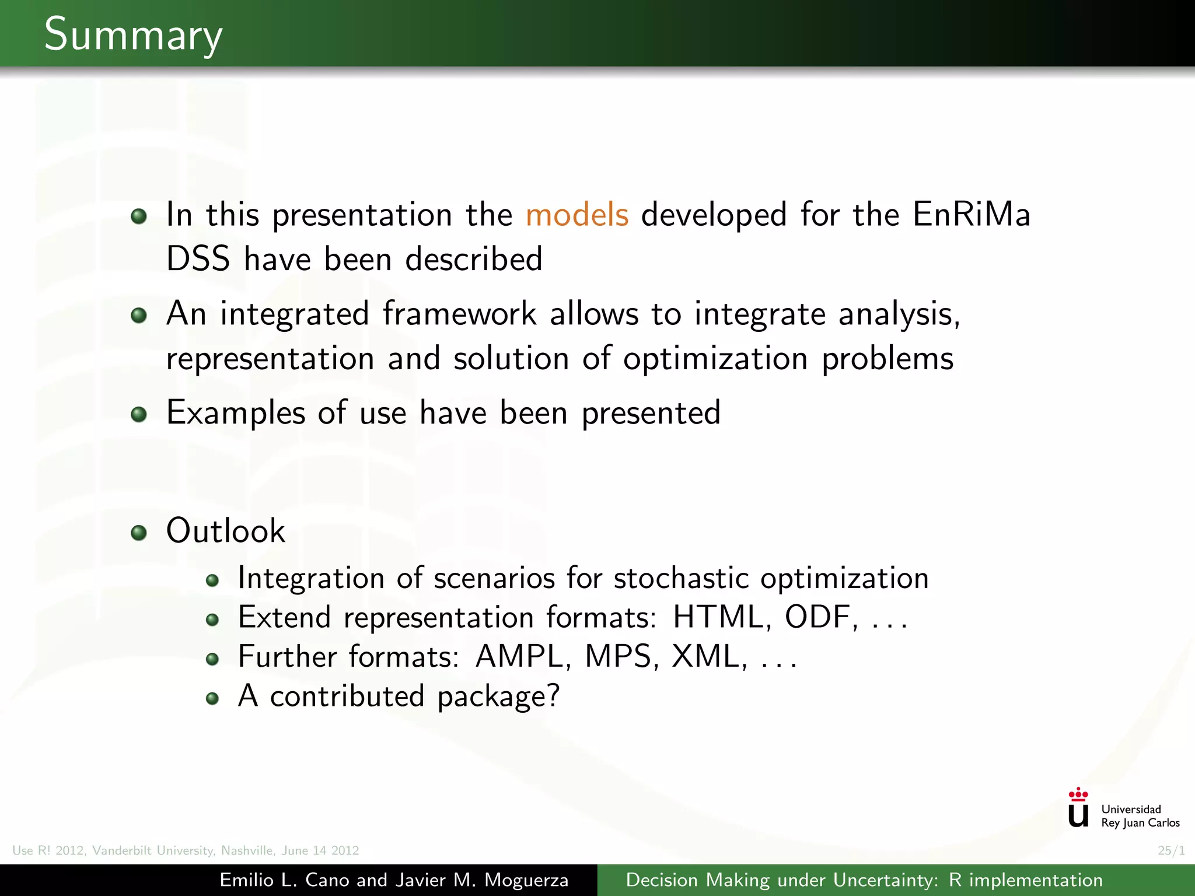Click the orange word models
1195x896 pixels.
[x=576, y=215]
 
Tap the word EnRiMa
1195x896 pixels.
[x=972, y=215]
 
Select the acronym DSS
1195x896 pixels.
[x=198, y=259]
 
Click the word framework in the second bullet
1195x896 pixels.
[x=459, y=314]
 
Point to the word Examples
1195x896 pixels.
[x=236, y=413]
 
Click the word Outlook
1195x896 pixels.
[x=226, y=531]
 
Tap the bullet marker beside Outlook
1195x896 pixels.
[x=139, y=533]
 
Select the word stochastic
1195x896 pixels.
[x=681, y=578]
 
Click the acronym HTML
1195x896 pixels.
[x=718, y=617]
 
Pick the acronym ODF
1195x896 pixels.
[x=817, y=617]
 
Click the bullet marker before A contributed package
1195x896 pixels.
[x=212, y=698]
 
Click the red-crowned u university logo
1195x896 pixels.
[x=1078, y=808]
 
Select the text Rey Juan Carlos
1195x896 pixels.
[x=1140, y=823]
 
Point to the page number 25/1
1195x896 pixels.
[x=1171, y=850]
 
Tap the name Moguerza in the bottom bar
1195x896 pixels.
[x=526, y=880]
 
